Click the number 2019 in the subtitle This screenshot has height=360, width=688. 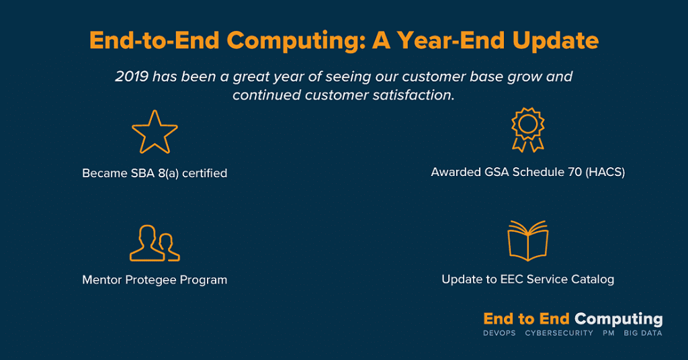pyautogui.click(x=132, y=77)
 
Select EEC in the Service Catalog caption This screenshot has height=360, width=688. pyautogui.click(x=511, y=279)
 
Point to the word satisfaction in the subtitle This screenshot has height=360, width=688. pyautogui.click(x=413, y=95)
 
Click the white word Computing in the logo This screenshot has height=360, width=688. pyautogui.click(x=619, y=320)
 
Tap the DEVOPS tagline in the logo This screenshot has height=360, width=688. pyautogui.click(x=499, y=333)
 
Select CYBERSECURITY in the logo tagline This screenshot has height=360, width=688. pyautogui.click(x=559, y=333)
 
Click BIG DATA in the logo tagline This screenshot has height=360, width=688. pyautogui.click(x=643, y=333)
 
